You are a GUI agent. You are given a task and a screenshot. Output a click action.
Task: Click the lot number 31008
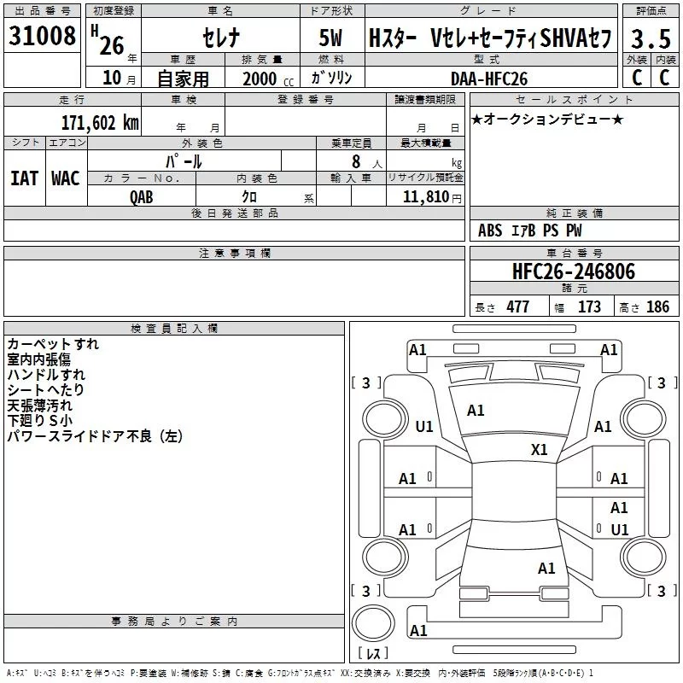[40, 36]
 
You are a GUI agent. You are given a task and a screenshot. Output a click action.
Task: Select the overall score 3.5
[651, 38]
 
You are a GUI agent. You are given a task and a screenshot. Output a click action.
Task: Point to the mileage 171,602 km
[100, 122]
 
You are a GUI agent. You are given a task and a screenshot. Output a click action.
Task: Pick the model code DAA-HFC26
[488, 79]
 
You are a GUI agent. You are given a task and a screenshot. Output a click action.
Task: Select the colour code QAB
[142, 196]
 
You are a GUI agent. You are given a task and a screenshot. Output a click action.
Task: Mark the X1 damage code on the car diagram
[540, 450]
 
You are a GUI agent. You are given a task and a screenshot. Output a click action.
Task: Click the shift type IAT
[24, 178]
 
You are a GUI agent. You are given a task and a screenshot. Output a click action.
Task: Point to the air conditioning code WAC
[65, 178]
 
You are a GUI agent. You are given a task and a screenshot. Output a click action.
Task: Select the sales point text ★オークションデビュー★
[547, 119]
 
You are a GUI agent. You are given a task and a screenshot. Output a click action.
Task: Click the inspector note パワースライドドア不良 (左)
[95, 436]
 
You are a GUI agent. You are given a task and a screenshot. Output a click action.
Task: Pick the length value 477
[517, 306]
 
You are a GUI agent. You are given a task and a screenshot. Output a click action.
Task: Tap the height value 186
[657, 306]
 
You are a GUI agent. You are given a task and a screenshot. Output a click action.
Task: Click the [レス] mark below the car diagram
[373, 654]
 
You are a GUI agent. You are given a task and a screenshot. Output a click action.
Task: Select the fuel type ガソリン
[333, 78]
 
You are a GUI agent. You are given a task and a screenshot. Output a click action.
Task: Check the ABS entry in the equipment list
[490, 231]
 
